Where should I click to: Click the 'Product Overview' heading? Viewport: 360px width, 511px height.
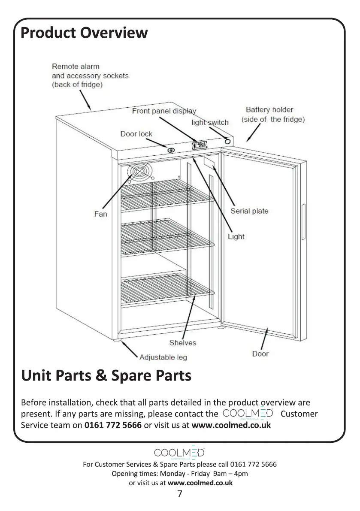point(84,33)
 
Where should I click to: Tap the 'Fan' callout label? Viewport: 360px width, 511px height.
point(100,214)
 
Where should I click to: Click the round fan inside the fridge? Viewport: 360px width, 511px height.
point(139,172)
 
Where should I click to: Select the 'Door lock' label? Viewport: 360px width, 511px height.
point(136,134)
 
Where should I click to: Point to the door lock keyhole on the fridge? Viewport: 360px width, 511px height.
point(170,150)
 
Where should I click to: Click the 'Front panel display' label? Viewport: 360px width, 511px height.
point(163,111)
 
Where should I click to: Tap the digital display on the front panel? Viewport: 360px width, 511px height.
point(200,145)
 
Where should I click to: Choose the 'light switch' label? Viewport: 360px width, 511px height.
point(210,122)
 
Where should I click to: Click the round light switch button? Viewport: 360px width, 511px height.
point(227,141)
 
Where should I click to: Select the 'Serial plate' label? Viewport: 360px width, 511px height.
point(249,211)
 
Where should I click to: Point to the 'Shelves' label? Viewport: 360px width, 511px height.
point(182,342)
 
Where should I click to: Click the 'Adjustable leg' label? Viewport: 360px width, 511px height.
point(163,357)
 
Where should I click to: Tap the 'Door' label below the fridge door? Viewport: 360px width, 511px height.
point(260,354)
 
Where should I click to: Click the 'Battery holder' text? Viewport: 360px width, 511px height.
point(269,110)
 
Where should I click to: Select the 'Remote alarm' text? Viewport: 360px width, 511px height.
point(76,67)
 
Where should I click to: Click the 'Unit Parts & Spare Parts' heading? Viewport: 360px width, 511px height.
point(106,376)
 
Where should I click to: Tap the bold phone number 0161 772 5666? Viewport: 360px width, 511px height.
point(113,425)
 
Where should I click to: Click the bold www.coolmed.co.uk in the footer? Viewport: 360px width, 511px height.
point(200,482)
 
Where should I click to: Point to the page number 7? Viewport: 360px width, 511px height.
point(180,494)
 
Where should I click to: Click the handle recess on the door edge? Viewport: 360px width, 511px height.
point(303,222)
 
